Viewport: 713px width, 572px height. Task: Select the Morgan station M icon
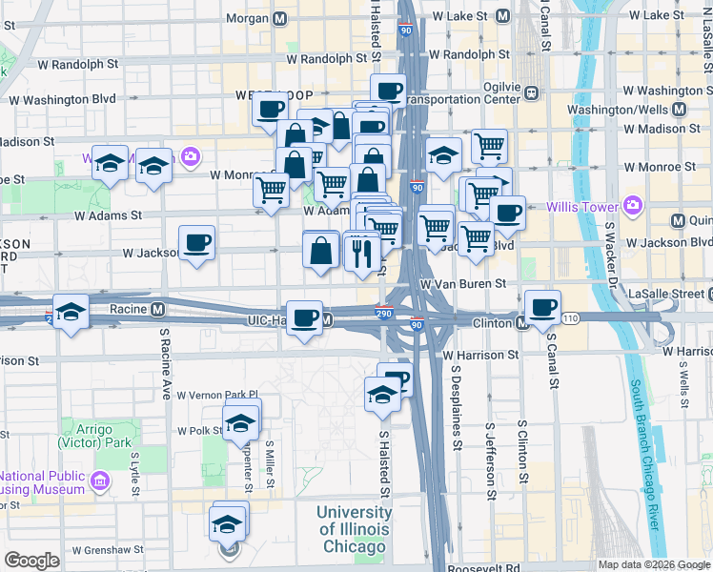(279, 18)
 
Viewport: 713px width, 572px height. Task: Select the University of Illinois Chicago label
(353, 529)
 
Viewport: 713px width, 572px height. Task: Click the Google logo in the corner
(31, 561)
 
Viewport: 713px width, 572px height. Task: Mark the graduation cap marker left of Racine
(71, 313)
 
